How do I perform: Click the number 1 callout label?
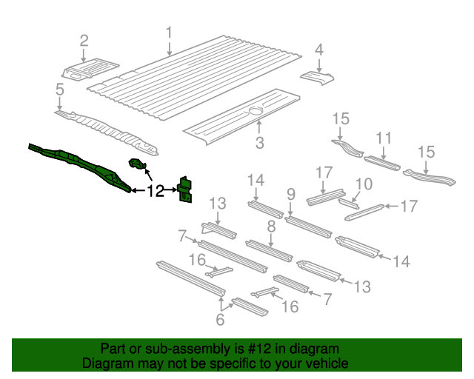point(169,33)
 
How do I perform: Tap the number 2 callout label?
point(84,40)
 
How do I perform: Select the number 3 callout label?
point(259,143)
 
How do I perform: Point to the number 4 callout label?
point(319,50)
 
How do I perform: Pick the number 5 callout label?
point(59,90)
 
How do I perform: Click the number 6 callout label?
point(219,320)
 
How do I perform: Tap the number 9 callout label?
point(291,196)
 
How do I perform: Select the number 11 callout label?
point(384,138)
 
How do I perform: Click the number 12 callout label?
point(156,192)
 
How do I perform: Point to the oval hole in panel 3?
point(256,110)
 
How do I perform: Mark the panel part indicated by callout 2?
point(89,69)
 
